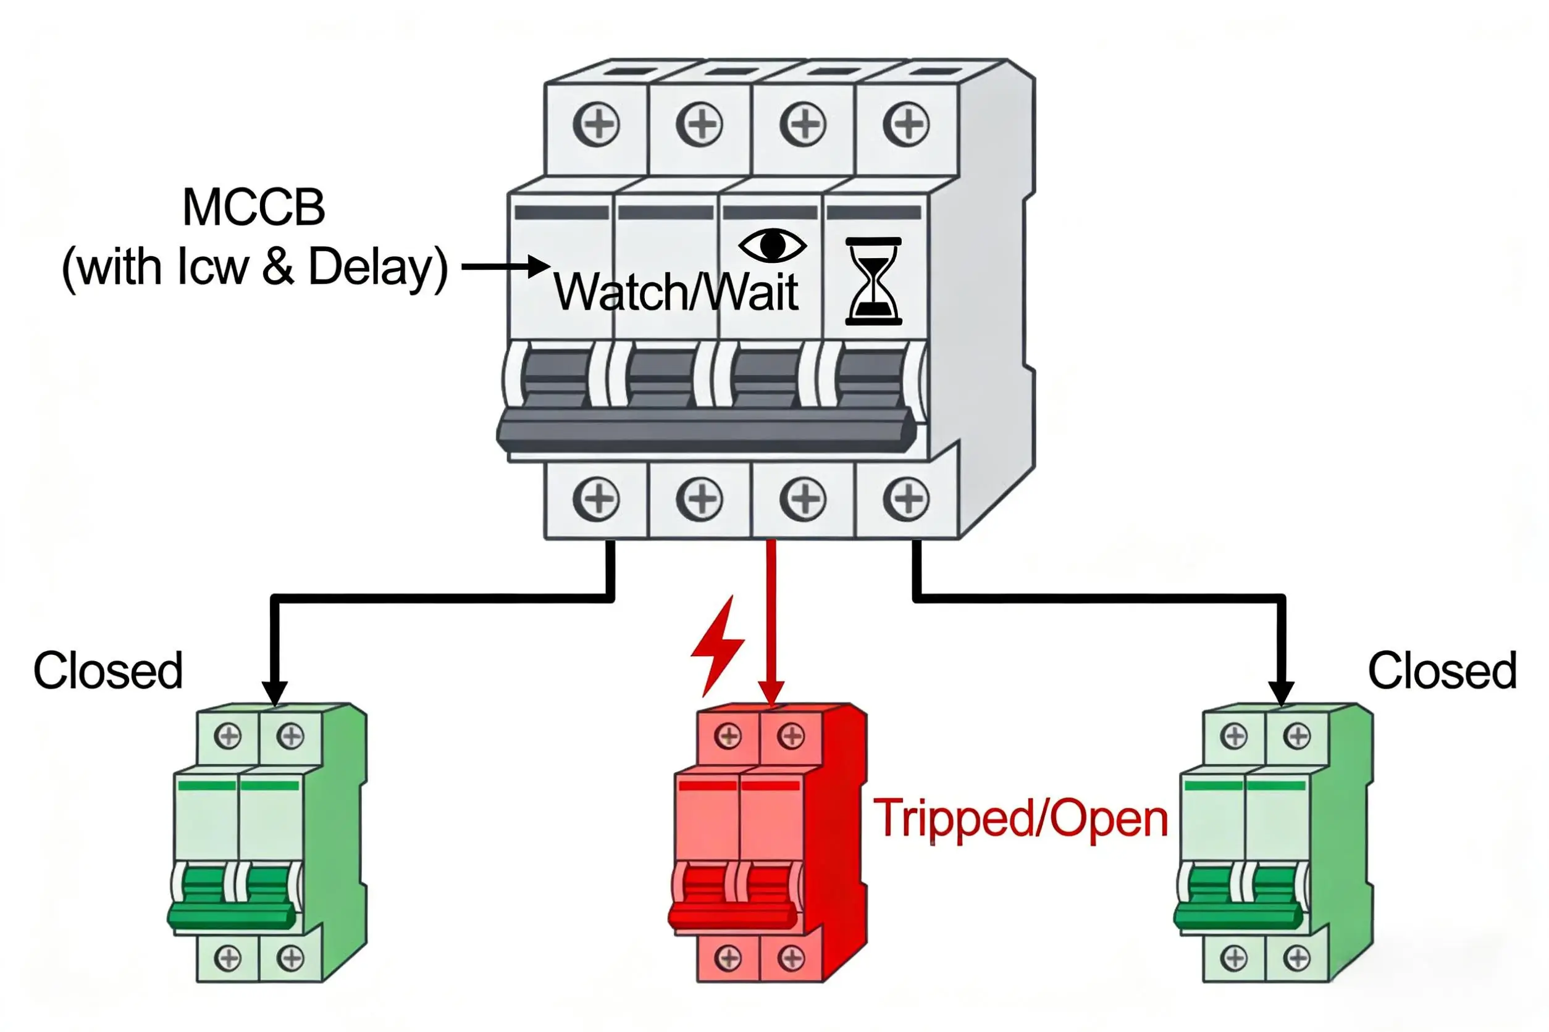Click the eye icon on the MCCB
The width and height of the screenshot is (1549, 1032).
772,246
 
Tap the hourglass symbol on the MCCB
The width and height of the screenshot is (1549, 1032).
873,281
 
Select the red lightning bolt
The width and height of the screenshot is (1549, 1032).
718,646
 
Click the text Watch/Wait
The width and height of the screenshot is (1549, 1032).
676,291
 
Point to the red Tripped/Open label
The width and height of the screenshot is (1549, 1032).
1020,818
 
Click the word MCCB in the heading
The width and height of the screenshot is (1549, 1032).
254,208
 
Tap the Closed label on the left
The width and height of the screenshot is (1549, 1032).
108,672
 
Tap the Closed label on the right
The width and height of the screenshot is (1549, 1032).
1442,672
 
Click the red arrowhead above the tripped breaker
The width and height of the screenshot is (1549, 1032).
771,693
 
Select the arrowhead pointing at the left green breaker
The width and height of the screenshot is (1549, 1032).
275,693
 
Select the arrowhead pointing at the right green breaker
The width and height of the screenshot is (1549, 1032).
1281,693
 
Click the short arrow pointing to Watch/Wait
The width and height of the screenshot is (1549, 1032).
506,267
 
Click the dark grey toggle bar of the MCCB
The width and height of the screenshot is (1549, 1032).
705,431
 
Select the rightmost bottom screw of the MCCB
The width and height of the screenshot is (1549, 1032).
906,499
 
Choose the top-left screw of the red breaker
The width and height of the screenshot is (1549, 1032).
728,736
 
